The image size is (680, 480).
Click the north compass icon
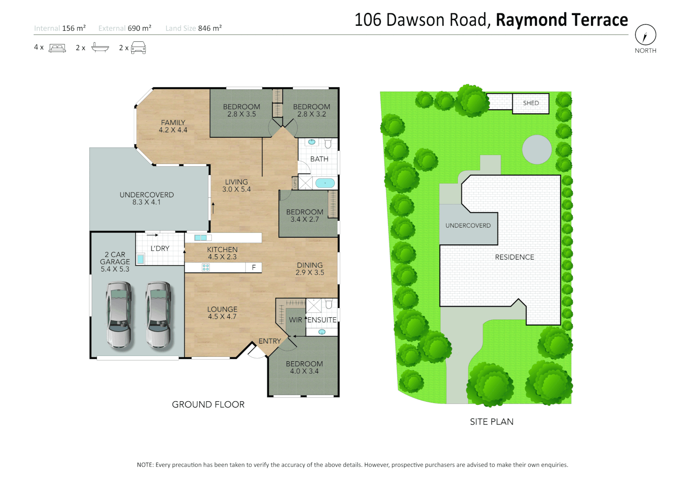(645, 35)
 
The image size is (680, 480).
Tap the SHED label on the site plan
(530, 103)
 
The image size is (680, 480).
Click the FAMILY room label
(173, 123)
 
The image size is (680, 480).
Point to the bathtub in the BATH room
(325, 183)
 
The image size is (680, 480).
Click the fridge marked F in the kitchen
(254, 268)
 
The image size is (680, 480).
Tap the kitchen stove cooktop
(206, 268)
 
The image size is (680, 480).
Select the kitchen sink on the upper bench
(200, 238)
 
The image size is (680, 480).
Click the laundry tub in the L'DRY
(141, 259)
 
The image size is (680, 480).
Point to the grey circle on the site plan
(537, 149)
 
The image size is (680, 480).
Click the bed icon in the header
(57, 48)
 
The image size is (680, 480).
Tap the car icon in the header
(138, 48)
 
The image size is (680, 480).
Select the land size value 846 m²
(210, 28)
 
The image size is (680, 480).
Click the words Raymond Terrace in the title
(562, 20)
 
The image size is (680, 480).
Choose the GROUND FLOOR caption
(208, 404)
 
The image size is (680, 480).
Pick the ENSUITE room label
(322, 320)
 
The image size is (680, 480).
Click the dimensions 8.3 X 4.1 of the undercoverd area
(146, 202)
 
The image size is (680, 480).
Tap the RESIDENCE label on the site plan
(514, 257)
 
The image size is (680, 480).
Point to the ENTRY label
(270, 341)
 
